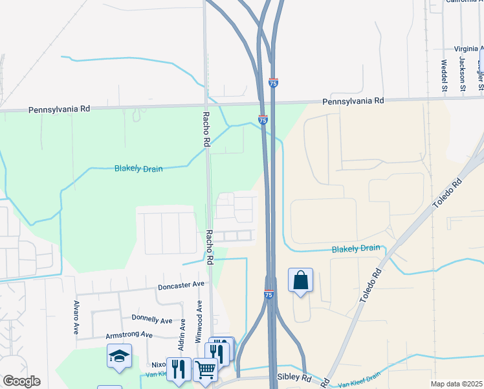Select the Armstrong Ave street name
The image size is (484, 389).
pyautogui.click(x=129, y=335)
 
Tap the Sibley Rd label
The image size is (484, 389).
pyautogui.click(x=294, y=377)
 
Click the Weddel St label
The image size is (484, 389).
pyautogui.click(x=444, y=75)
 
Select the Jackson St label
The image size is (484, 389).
pyautogui.click(x=463, y=73)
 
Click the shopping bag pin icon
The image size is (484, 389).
pyautogui.click(x=300, y=281)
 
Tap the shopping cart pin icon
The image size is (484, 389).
pyautogui.click(x=205, y=371)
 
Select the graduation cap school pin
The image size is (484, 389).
pyautogui.click(x=120, y=357)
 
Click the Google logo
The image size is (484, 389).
pyautogui.click(x=21, y=381)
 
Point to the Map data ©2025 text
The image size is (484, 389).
pyautogui.click(x=456, y=384)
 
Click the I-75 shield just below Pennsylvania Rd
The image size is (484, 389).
pyautogui.click(x=263, y=120)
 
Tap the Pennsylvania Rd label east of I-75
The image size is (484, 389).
pyautogui.click(x=353, y=100)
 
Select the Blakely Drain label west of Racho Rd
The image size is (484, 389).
pyautogui.click(x=138, y=169)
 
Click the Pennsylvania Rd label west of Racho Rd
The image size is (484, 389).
pyautogui.click(x=59, y=110)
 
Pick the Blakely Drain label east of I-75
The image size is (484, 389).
pyautogui.click(x=356, y=248)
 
